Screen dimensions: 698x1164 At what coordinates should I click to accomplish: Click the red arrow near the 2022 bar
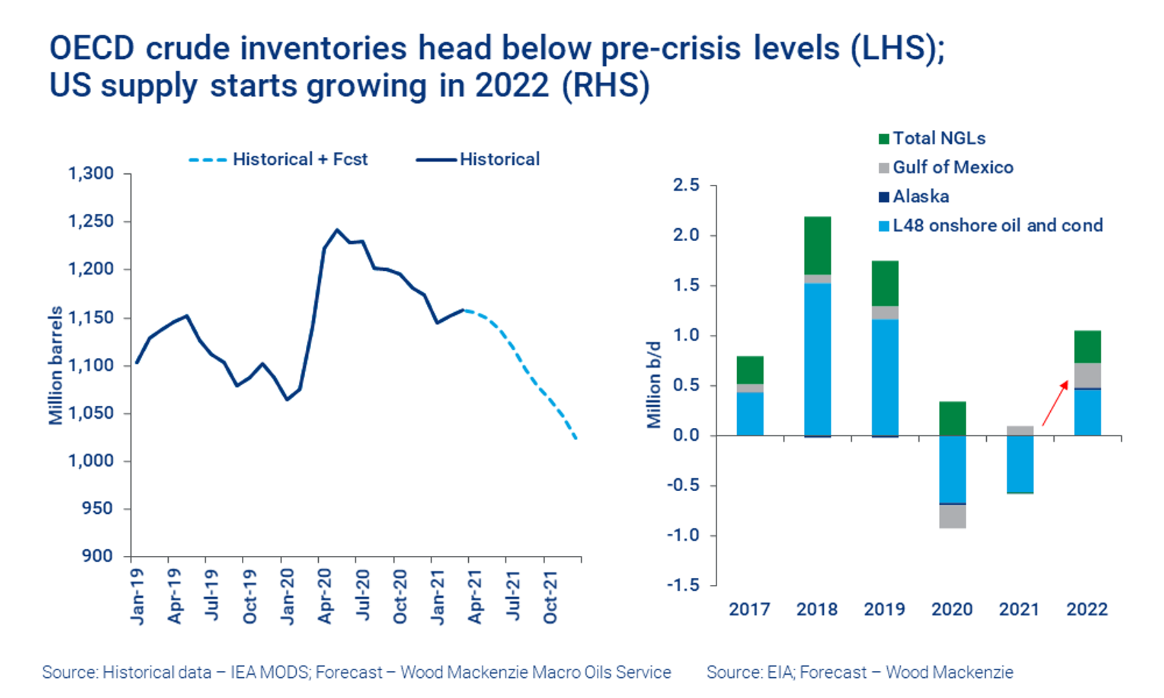coord(1055,402)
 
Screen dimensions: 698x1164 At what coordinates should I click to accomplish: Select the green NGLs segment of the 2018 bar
coord(817,246)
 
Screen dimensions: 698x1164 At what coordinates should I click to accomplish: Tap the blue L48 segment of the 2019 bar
coord(885,377)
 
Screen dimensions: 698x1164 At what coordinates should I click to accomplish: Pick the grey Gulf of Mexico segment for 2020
coord(953,516)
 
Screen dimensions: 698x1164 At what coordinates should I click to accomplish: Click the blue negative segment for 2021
coord(1020,464)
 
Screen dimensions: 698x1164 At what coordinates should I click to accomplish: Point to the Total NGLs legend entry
coord(938,138)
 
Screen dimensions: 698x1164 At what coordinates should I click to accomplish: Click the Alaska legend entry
coord(920,196)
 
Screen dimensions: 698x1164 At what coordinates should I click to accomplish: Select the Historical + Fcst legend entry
coord(299,160)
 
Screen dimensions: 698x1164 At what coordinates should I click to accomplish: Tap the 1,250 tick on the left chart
coord(91,221)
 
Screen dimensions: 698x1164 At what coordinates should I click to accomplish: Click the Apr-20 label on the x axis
coord(325,596)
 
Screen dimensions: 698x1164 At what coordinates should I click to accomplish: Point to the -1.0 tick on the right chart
coord(684,535)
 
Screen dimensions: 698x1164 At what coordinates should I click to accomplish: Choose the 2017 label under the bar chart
coord(749,609)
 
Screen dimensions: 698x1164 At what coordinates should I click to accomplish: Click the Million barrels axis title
coord(56,365)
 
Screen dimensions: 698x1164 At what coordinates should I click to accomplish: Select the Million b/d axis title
coord(654,385)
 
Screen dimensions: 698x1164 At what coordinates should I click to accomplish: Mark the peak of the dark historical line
coord(337,229)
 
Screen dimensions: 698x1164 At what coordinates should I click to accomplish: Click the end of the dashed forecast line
coord(576,439)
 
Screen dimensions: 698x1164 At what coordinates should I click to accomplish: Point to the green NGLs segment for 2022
coord(1087,347)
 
